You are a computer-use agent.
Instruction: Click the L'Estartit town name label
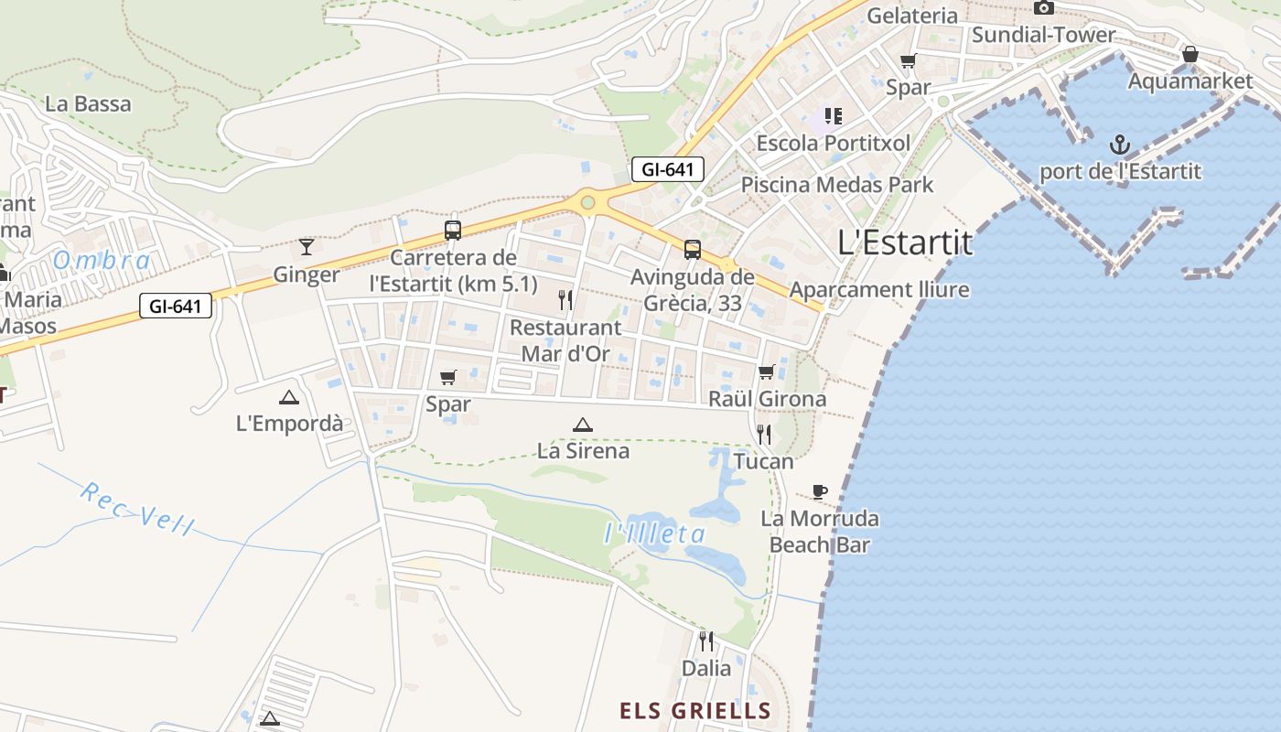905,242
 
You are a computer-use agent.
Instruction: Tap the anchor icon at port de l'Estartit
1120,145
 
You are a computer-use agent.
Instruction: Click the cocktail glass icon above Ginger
307,247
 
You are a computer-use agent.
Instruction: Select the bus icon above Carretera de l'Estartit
453,230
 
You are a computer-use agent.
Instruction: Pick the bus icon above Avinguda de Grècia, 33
693,249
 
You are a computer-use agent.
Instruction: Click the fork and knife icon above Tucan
764,434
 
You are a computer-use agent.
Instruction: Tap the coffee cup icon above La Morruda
820,492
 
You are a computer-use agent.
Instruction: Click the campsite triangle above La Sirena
583,425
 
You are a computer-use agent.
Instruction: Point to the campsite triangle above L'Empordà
289,397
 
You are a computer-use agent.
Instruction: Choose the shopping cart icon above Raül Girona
767,371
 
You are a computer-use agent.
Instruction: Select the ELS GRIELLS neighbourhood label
695,711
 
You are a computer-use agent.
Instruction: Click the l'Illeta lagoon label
655,533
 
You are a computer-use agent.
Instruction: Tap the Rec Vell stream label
137,508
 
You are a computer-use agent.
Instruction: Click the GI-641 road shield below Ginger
176,306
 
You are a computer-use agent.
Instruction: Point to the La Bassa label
88,103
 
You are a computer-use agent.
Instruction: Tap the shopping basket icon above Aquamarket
1190,54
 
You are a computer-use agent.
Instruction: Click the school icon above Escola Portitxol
833,116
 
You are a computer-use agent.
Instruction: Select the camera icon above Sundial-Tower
1043,8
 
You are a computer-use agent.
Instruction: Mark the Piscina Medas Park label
836,184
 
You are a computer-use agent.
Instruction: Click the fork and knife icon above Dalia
706,640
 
